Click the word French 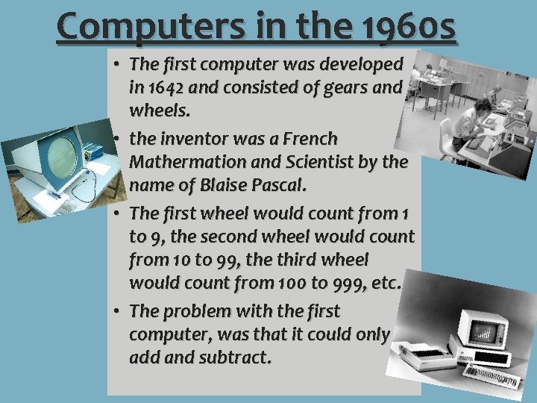[x=308, y=139]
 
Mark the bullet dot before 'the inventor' [x=119, y=139]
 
